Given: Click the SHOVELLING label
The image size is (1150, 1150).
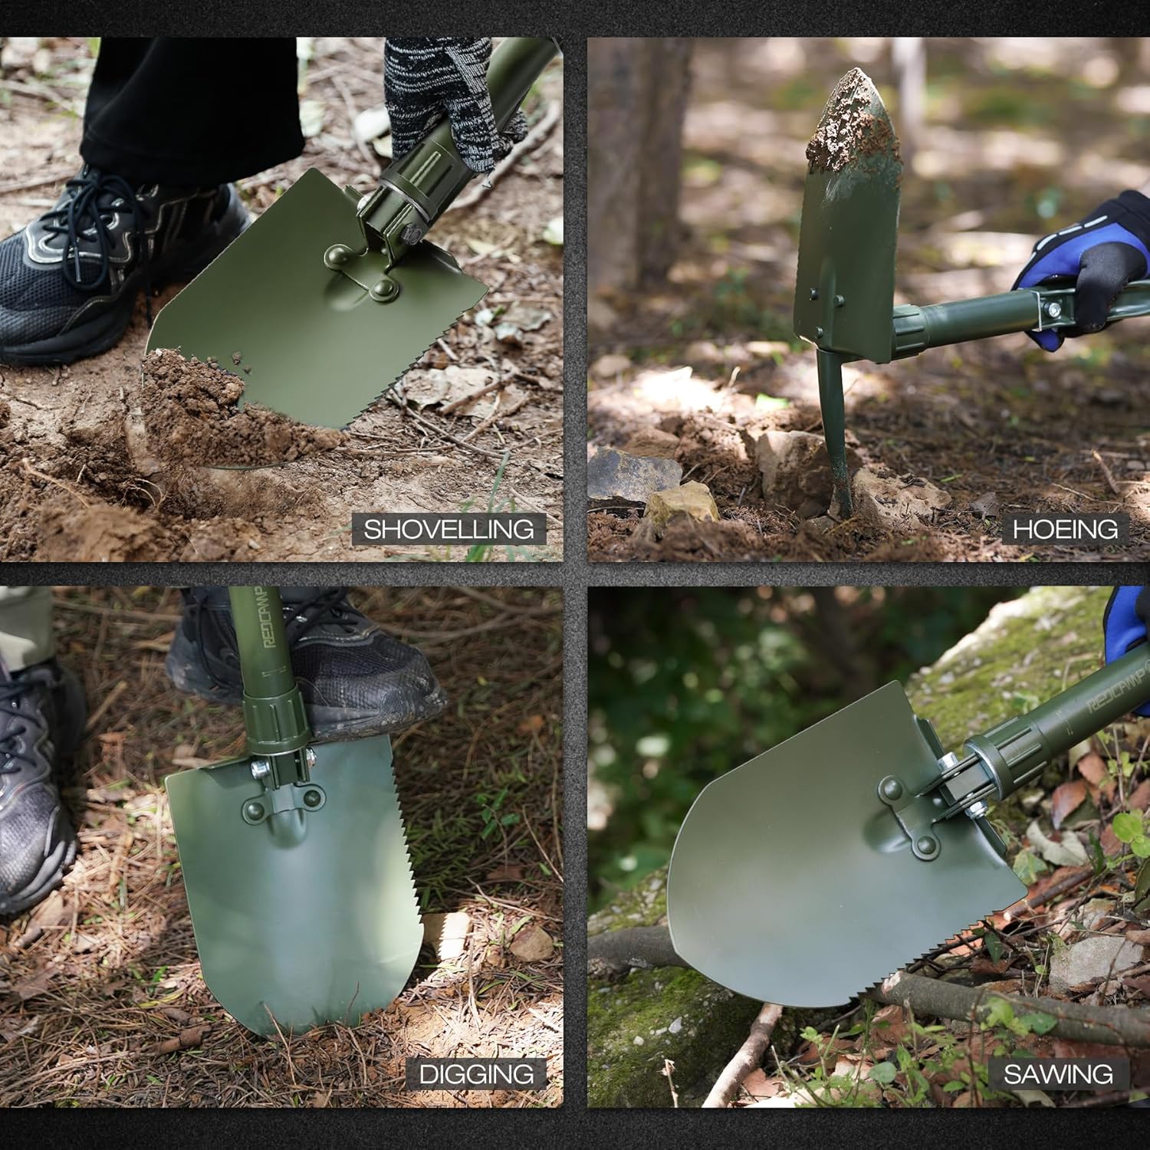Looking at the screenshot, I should tap(449, 529).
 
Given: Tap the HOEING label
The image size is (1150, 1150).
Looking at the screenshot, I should tap(1065, 529).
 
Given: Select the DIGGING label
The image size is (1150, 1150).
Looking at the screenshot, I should tap(476, 1073).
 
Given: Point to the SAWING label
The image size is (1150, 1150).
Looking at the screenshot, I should tap(1058, 1073).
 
